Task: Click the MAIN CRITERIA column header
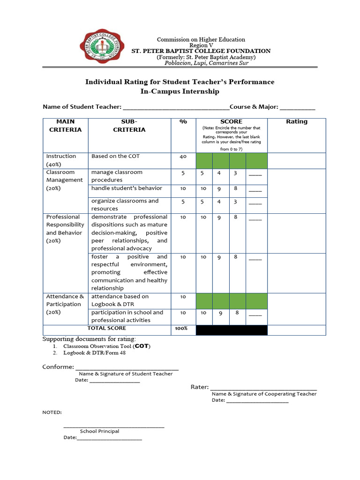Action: click(65, 126)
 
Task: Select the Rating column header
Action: click(297, 121)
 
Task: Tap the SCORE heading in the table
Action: click(231, 121)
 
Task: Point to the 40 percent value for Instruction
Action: click(183, 157)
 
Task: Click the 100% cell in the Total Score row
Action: click(181, 329)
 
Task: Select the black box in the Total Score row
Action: click(231, 330)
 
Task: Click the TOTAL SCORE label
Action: click(107, 329)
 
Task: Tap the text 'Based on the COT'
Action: click(115, 156)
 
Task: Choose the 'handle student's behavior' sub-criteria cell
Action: click(127, 188)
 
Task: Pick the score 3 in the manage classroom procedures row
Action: click(235, 173)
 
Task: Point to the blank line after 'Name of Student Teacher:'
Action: click(176, 107)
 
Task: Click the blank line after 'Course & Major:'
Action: click(298, 107)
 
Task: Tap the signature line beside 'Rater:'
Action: click(263, 388)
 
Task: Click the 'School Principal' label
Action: click(99, 431)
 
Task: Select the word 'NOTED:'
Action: click(52, 412)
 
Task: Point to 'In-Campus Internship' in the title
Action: click(180, 92)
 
